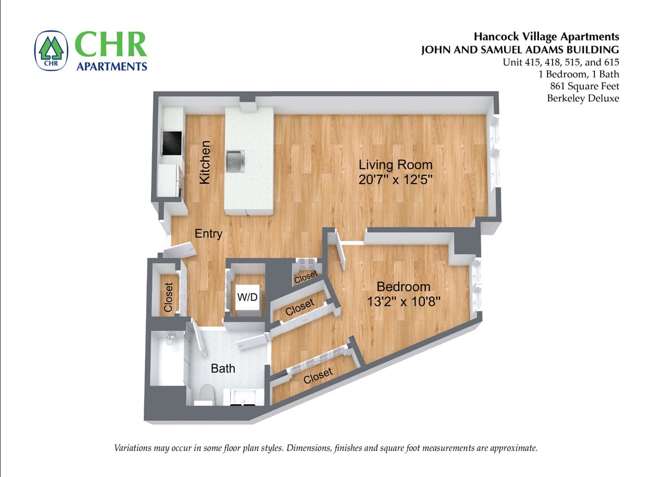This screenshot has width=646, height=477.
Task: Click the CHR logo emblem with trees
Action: (x=51, y=50)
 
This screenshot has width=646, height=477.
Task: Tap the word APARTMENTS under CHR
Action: (x=112, y=66)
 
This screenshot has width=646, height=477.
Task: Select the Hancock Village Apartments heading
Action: (x=546, y=37)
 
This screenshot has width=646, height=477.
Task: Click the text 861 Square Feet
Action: (x=584, y=86)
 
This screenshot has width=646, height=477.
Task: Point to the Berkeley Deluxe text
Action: (x=583, y=98)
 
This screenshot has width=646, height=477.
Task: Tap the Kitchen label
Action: (x=205, y=162)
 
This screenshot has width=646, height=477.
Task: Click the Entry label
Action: (x=208, y=234)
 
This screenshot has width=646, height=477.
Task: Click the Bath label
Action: (x=223, y=368)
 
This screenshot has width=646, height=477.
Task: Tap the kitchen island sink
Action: (x=234, y=161)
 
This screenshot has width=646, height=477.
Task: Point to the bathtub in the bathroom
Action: (x=167, y=359)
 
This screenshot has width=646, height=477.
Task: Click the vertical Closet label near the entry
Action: (x=168, y=297)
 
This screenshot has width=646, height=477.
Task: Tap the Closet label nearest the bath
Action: (x=299, y=307)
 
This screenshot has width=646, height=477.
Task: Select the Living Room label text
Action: (x=395, y=165)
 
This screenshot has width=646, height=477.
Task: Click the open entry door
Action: (x=180, y=250)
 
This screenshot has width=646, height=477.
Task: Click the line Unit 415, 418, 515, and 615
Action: (x=561, y=62)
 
